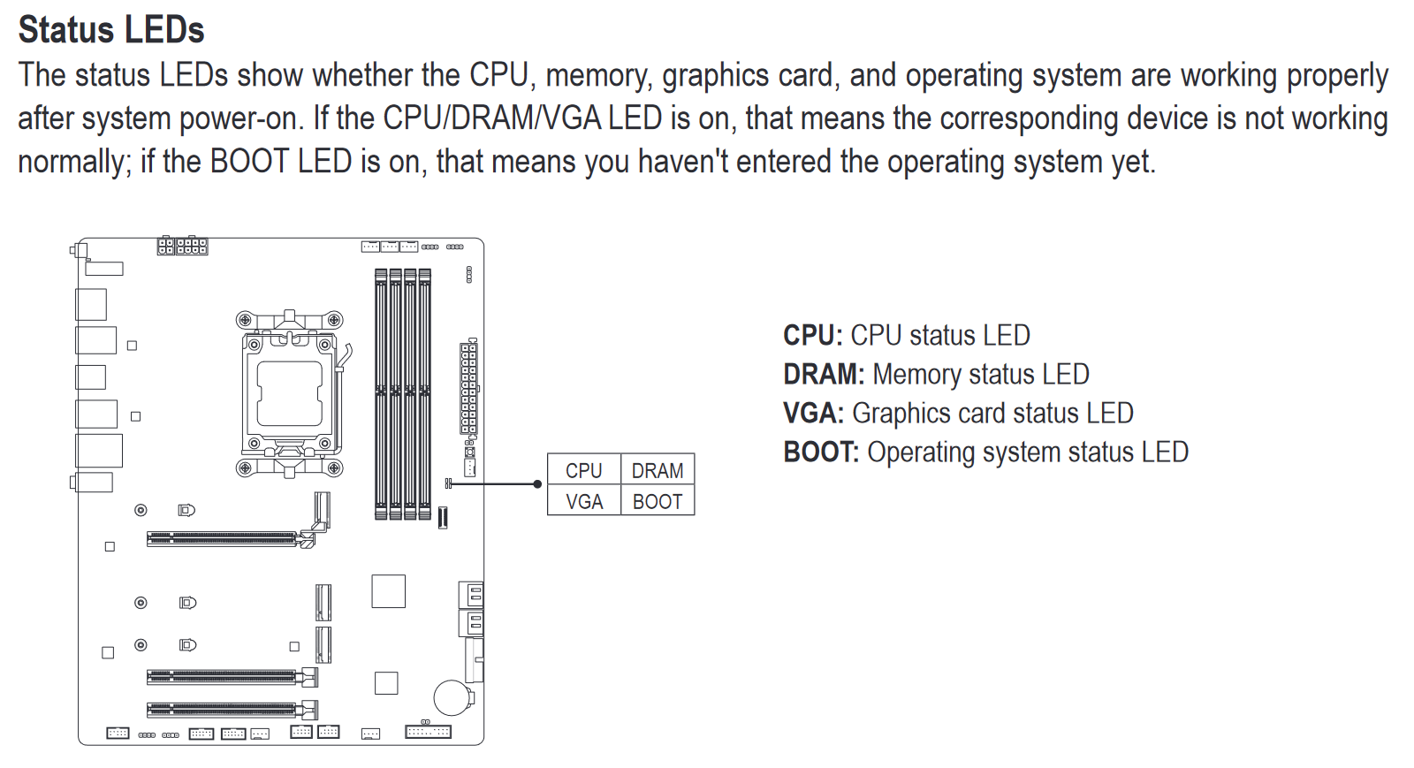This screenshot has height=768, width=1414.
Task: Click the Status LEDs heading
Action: click(x=111, y=30)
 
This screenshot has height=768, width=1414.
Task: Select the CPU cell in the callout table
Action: click(x=584, y=469)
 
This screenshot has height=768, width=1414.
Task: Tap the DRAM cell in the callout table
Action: click(x=658, y=469)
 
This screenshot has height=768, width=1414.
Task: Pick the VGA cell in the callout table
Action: click(x=584, y=500)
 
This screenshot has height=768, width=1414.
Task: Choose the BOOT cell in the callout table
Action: click(x=658, y=500)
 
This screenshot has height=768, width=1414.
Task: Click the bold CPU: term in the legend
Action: click(x=813, y=335)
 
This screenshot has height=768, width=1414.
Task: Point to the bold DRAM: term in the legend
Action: click(x=824, y=374)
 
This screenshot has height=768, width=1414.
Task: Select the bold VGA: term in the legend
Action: click(x=814, y=414)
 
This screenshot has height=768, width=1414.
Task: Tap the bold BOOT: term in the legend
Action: click(x=821, y=452)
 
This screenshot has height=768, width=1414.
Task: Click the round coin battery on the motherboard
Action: click(x=452, y=697)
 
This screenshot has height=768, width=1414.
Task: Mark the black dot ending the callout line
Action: click(x=537, y=484)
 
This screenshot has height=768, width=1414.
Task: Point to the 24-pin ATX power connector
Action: click(x=468, y=387)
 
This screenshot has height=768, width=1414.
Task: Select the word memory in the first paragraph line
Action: click(x=598, y=76)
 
